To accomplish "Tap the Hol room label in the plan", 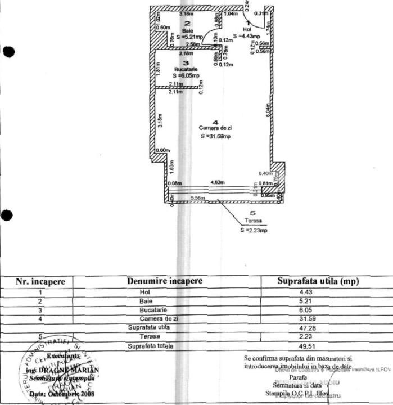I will click(x=246, y=29).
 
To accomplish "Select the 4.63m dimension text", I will click(x=218, y=182).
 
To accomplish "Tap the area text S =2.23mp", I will click(x=253, y=230).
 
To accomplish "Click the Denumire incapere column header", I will click(x=165, y=281).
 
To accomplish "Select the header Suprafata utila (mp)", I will click(x=318, y=281).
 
